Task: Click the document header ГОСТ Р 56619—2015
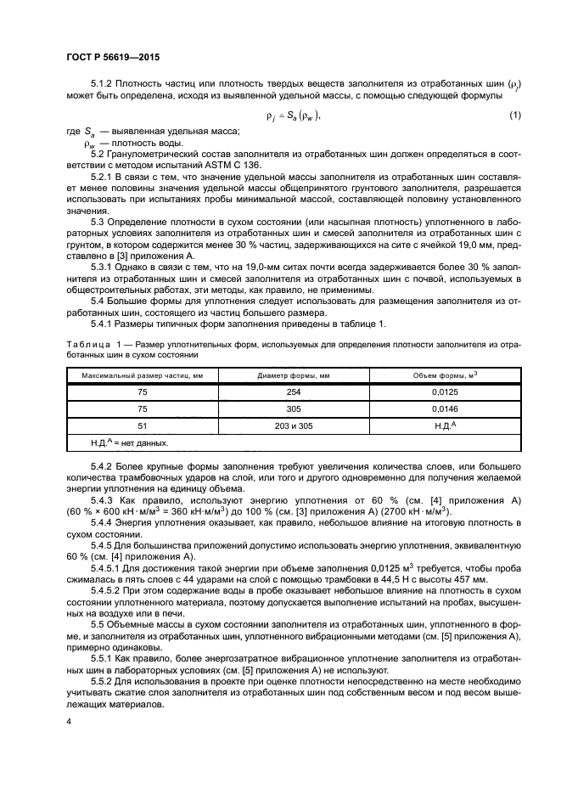[x=112, y=57]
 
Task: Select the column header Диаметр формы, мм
[x=291, y=374]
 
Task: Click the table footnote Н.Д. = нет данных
[x=129, y=442]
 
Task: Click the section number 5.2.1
[x=103, y=177]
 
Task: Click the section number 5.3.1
[x=103, y=266]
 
